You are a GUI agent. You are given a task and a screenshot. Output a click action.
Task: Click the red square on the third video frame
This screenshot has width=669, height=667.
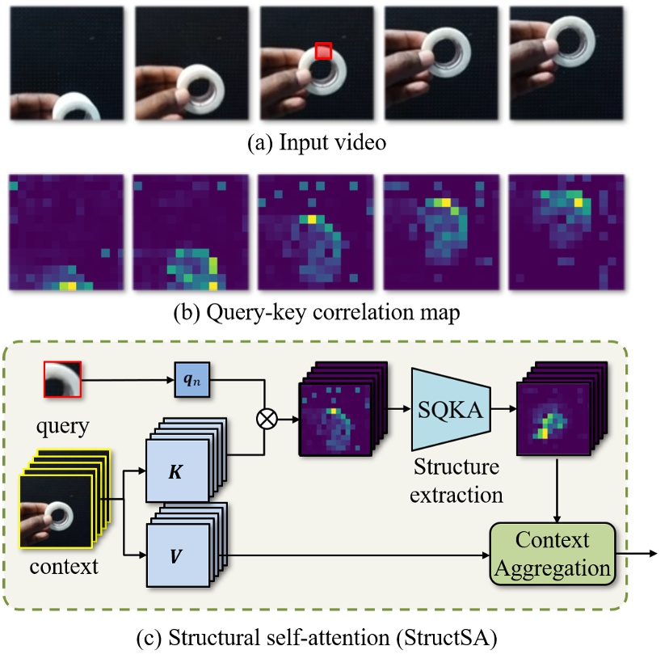(323, 52)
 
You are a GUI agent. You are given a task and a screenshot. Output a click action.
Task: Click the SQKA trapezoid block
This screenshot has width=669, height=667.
(452, 411)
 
